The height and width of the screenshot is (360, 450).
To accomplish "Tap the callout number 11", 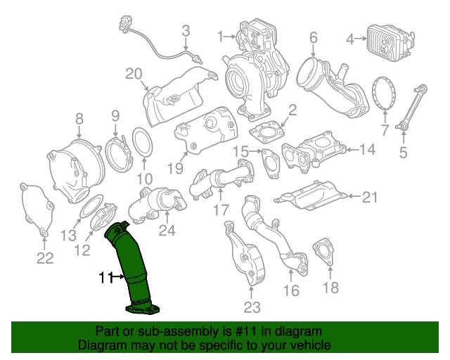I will click(105, 278).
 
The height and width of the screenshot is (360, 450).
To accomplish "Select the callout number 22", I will click(44, 259).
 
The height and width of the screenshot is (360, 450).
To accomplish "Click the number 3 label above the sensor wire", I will click(186, 30).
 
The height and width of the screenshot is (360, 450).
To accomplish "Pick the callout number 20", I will click(134, 74).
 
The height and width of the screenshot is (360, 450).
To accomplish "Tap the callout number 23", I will click(252, 307).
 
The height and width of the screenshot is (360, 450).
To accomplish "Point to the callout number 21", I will click(370, 198).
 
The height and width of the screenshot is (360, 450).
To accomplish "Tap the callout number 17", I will click(221, 210).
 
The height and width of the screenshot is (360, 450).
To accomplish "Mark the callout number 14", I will click(368, 149).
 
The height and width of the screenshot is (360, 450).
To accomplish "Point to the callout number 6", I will click(313, 37).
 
